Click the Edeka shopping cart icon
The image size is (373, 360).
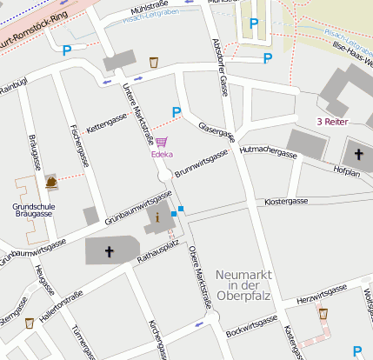[162, 143]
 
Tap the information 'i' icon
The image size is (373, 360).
[157, 218]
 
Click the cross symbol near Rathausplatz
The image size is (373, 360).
[110, 252]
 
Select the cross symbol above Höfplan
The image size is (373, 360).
[360, 154]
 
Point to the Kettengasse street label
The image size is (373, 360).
[107, 117]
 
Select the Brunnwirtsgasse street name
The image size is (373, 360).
[201, 163]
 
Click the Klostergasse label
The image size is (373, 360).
[286, 201]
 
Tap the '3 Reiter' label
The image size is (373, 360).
[331, 122]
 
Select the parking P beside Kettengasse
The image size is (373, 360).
[177, 111]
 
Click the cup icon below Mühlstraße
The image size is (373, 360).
[154, 62]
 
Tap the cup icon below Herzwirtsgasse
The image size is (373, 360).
[323, 313]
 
